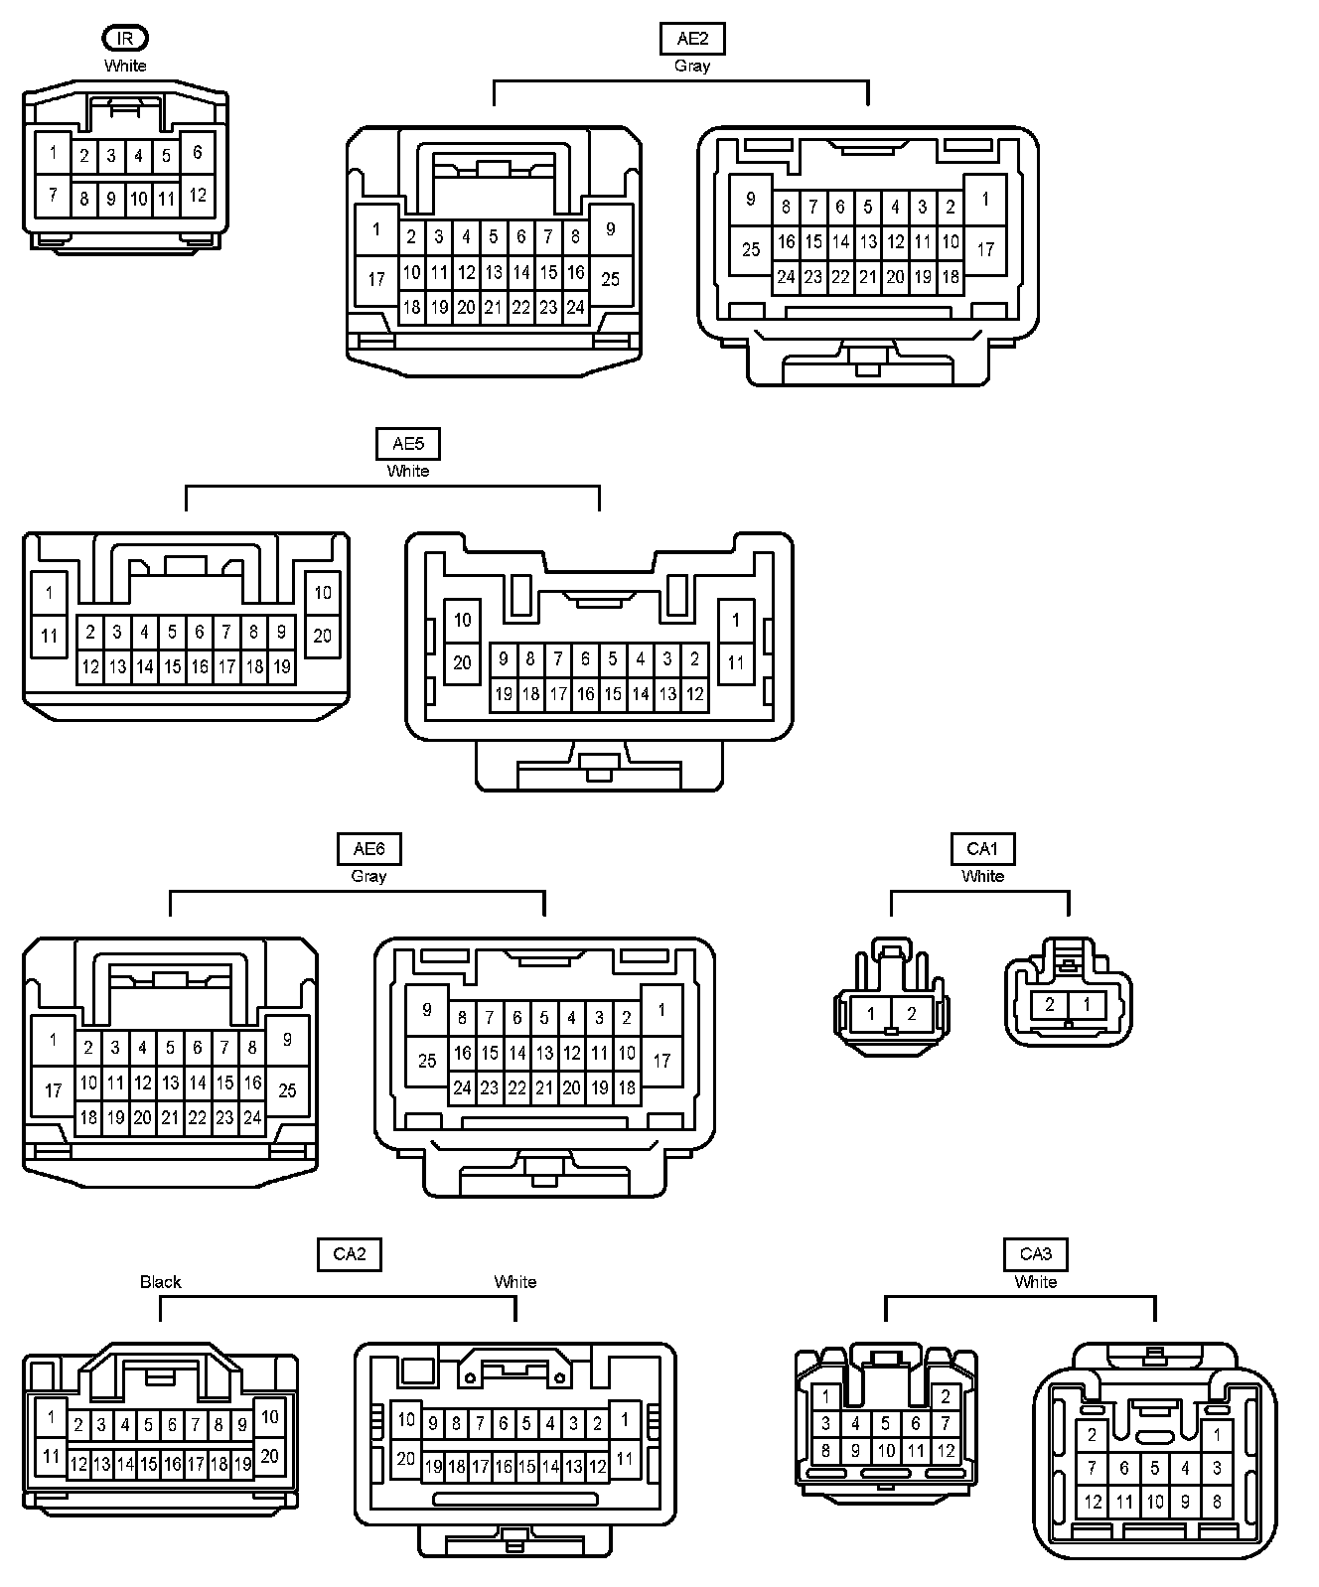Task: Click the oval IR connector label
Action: pyautogui.click(x=125, y=39)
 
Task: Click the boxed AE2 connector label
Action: pyautogui.click(x=692, y=39)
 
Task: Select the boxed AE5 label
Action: pyautogui.click(x=408, y=444)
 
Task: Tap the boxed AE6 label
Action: pyautogui.click(x=368, y=849)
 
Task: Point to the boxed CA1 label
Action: pyautogui.click(x=982, y=849)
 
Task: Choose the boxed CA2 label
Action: pyautogui.click(x=350, y=1254)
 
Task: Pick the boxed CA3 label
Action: pyautogui.click(x=1036, y=1254)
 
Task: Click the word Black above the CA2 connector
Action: pyautogui.click(x=160, y=1282)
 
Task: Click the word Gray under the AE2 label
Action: pyautogui.click(x=692, y=66)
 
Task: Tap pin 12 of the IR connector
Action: pyautogui.click(x=198, y=195)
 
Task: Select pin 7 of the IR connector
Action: pyautogui.click(x=53, y=195)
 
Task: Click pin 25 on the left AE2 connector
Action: pyautogui.click(x=610, y=278)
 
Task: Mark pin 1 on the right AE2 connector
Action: pyautogui.click(x=985, y=200)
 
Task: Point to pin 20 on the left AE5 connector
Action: pyautogui.click(x=323, y=636)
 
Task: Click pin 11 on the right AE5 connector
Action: pyautogui.click(x=736, y=662)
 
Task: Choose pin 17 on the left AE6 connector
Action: pyautogui.click(x=53, y=1090)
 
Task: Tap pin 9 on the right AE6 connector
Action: pyautogui.click(x=427, y=1010)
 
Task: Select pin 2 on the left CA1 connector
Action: pyautogui.click(x=912, y=1014)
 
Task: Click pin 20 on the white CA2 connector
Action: pyautogui.click(x=405, y=1459)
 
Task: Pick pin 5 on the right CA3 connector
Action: pyautogui.click(x=1154, y=1468)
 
